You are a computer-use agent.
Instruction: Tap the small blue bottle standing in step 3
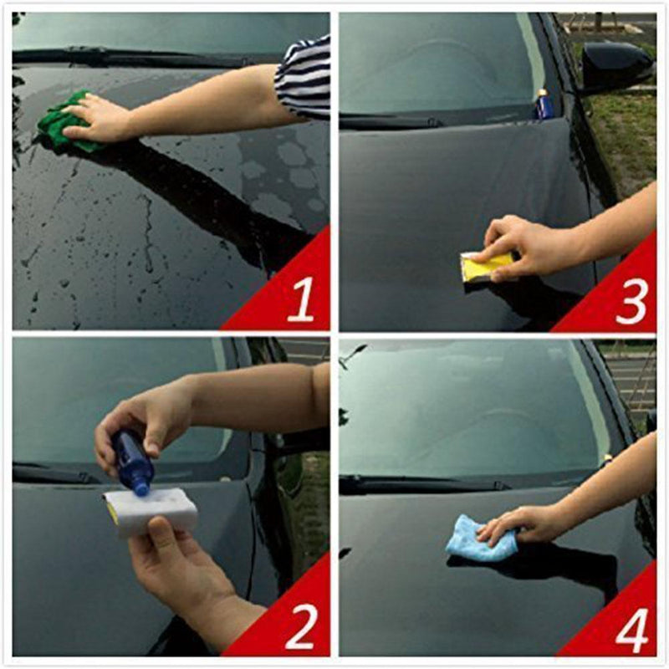[544, 105]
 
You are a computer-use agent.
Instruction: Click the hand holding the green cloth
[100, 117]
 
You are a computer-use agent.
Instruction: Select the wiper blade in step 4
[418, 484]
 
